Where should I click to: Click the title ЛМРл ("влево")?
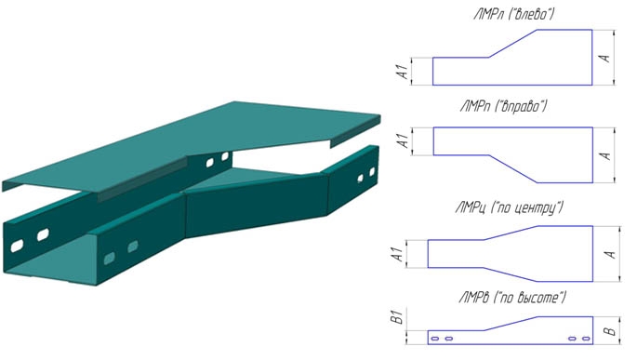[513, 15]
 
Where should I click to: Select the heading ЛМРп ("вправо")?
[504, 107]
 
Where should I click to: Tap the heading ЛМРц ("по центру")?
[510, 208]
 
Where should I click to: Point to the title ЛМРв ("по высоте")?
[512, 298]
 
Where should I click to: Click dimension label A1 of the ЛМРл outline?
[403, 71]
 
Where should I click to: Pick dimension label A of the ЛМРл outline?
[604, 58]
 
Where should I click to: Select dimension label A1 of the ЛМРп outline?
[403, 141]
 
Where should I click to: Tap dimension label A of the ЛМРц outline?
[610, 254]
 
